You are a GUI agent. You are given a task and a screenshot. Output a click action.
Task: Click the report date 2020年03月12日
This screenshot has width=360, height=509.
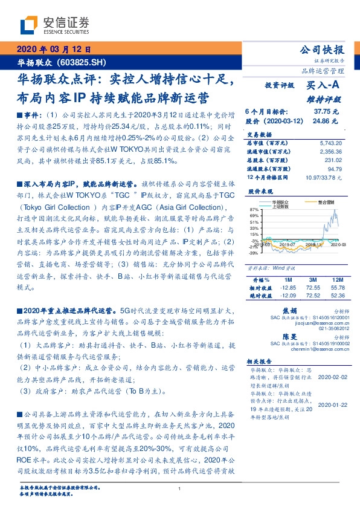[x=53, y=50]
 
